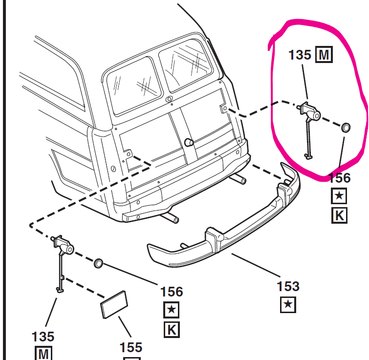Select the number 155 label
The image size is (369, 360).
tap(131, 347)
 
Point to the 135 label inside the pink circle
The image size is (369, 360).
tap(300, 55)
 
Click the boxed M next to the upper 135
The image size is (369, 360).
tap(324, 55)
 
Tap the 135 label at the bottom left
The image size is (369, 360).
tap(43, 337)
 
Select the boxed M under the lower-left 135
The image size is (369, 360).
tap(43, 353)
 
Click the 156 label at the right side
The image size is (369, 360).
tap(340, 178)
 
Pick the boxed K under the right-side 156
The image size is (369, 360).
tap(340, 215)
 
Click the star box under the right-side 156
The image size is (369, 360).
tap(340, 196)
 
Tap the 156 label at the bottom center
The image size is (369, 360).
tap(172, 292)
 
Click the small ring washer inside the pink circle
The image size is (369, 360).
tap(345, 128)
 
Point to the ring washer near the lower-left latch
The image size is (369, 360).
tap(98, 264)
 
